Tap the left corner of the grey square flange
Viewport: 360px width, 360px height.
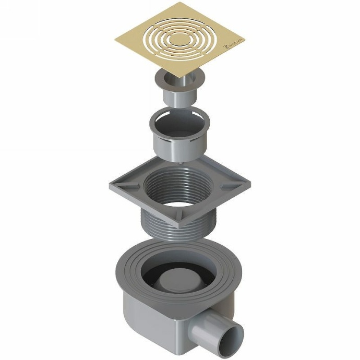point(110,185)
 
